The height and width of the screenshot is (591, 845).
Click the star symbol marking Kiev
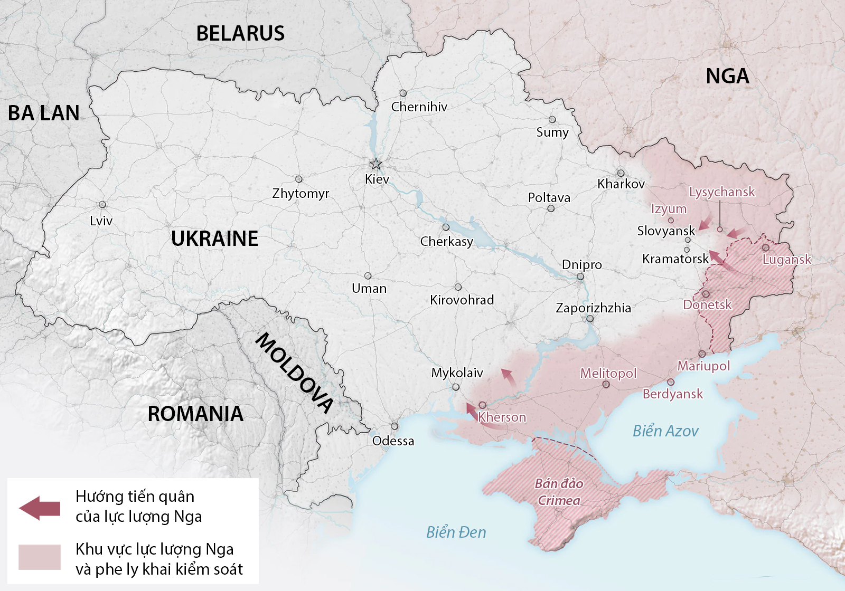[x=375, y=164]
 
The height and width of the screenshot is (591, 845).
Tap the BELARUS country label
[x=240, y=34]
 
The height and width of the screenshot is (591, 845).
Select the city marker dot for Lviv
[x=102, y=205]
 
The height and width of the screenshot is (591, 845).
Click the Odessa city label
[x=393, y=441]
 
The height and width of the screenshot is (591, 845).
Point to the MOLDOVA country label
[x=295, y=372]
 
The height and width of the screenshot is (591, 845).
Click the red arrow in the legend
[x=40, y=508]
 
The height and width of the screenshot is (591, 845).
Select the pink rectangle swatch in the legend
[x=40, y=557]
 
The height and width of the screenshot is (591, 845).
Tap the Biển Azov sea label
[x=665, y=431]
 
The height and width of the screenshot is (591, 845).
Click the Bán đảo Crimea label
[x=559, y=492]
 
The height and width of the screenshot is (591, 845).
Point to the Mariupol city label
[x=703, y=366]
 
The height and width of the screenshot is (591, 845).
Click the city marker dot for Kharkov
[x=621, y=173]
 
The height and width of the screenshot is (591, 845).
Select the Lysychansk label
[x=722, y=192]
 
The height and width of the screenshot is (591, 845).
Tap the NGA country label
[x=727, y=77]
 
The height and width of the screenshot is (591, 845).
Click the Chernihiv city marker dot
[x=403, y=93]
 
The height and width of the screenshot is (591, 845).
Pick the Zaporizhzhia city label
[x=593, y=308]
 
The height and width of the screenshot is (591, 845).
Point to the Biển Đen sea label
[x=456, y=532]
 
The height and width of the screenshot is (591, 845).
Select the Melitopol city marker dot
[x=606, y=385]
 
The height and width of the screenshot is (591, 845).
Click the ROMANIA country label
[x=195, y=414]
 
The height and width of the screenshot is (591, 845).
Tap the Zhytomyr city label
[x=301, y=194]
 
